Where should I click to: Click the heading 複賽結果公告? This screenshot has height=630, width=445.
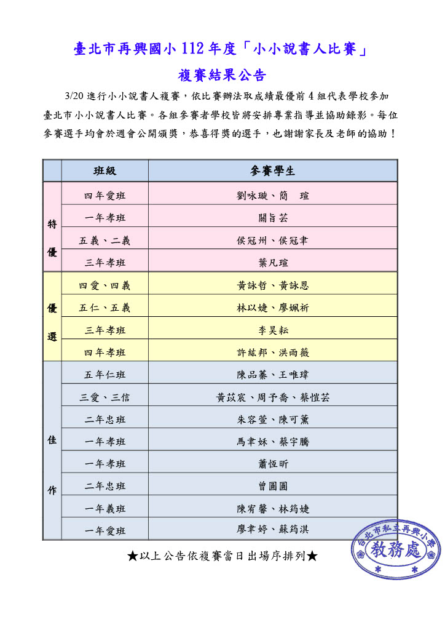[222, 76]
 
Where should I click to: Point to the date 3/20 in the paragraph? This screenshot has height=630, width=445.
[73, 97]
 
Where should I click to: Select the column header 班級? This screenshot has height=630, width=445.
[104, 171]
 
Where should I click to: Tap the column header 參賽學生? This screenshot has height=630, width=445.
[273, 171]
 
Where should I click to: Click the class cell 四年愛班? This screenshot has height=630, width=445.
[104, 196]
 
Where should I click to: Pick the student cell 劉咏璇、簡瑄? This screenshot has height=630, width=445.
[273, 196]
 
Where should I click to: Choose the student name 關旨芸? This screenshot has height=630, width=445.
[273, 218]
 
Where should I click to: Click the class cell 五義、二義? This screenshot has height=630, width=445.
[104, 241]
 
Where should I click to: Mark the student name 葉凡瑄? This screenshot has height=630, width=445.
[273, 263]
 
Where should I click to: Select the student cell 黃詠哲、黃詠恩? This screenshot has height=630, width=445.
[273, 285]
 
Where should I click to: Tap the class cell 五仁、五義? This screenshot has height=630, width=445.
[104, 308]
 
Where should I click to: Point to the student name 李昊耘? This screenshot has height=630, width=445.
[273, 330]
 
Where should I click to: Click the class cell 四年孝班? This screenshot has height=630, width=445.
[104, 353]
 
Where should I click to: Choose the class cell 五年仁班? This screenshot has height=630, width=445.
[104, 375]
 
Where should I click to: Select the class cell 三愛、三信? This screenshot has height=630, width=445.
[104, 397]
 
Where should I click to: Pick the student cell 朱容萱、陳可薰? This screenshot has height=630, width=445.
[273, 420]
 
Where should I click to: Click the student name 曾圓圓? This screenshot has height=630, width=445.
[273, 486]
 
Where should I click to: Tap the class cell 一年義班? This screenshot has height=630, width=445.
[104, 509]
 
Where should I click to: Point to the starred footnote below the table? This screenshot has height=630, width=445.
[222, 556]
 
